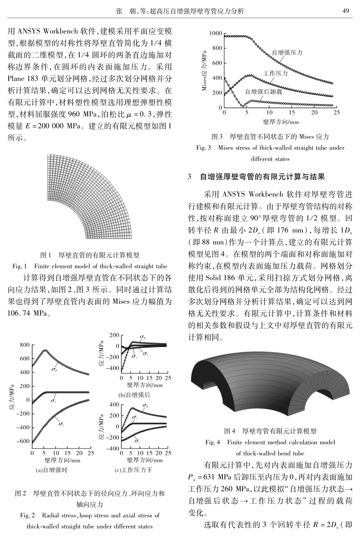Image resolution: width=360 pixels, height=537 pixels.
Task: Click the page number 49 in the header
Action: pyautogui.click(x=345, y=11)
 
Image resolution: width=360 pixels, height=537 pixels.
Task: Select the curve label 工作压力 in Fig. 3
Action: pyautogui.click(x=275, y=73)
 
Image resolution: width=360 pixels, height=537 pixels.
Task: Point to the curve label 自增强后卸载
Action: pyautogui.click(x=264, y=91)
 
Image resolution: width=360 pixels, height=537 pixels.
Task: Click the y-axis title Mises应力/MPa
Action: pyautogui.click(x=205, y=70)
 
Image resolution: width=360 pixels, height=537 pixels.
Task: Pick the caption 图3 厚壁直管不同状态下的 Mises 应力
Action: pyautogui.click(x=270, y=137)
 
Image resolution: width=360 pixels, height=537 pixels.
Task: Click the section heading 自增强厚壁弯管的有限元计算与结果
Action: pyautogui.click(x=262, y=176)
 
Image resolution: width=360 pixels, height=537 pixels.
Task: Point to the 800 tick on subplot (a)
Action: pyautogui.click(x=24, y=345)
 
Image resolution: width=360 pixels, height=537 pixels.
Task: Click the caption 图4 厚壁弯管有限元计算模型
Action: pyautogui.click(x=270, y=431)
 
